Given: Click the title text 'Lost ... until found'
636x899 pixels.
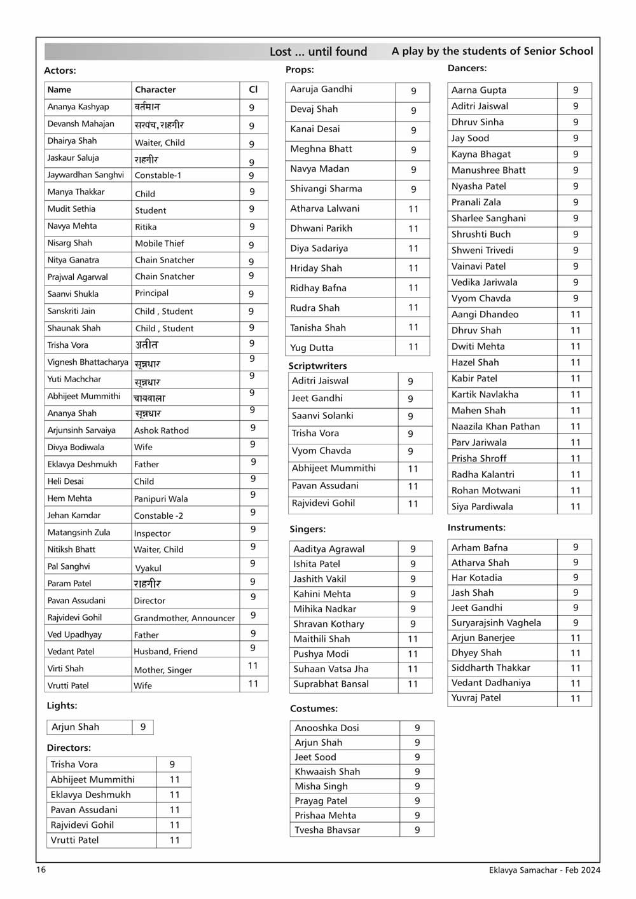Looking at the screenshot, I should (x=318, y=51).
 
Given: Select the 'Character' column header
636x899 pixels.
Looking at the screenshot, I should (x=155, y=90).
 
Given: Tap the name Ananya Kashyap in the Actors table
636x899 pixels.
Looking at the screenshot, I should (x=78, y=107).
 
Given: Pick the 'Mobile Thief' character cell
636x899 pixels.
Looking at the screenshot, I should (x=160, y=244).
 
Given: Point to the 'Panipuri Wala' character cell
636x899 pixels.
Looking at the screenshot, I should (x=161, y=499).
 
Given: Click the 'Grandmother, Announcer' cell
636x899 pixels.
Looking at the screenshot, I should (x=184, y=618).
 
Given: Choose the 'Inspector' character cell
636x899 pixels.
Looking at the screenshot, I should (x=152, y=533).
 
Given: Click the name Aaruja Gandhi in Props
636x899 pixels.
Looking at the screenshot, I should (x=321, y=90).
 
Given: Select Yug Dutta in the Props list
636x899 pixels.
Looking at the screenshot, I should (x=312, y=348).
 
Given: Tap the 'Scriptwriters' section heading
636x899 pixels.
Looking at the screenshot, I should (x=317, y=366).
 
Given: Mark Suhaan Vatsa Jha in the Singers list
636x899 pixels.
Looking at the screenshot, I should (x=331, y=669).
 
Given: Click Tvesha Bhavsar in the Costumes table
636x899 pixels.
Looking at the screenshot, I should (x=327, y=830).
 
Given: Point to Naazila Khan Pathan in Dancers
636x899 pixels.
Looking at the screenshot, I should (x=495, y=427).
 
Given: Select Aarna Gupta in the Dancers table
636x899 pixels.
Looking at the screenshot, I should (x=479, y=90).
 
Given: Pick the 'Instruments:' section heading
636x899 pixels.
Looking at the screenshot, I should (x=476, y=528).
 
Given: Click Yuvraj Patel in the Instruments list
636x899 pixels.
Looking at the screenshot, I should (x=476, y=698).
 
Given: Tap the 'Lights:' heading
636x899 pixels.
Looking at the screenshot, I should (x=62, y=706).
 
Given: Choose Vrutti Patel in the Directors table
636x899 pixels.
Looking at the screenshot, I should (x=75, y=840).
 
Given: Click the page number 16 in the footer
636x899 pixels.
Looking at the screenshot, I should (x=41, y=870).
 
